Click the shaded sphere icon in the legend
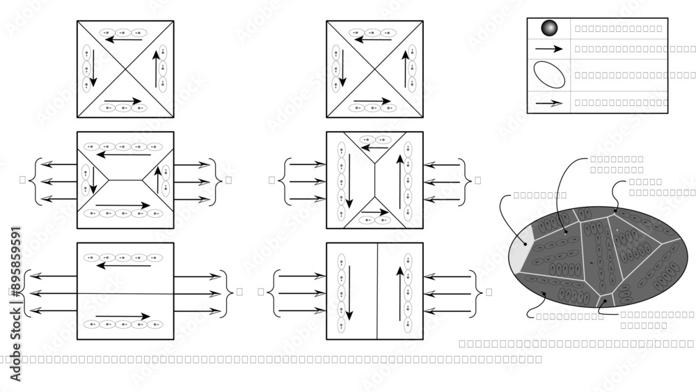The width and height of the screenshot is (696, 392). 549,29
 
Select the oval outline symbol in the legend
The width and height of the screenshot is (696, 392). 549,75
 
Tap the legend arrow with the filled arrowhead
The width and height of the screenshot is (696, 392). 549,49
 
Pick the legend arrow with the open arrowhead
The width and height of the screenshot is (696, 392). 549,102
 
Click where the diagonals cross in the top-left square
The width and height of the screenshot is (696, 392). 125,69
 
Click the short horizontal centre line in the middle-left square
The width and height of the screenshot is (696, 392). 125,180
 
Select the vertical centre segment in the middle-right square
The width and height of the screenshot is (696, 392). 374,180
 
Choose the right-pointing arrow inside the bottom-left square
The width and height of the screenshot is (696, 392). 122,317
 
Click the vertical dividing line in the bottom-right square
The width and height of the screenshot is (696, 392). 377,291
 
